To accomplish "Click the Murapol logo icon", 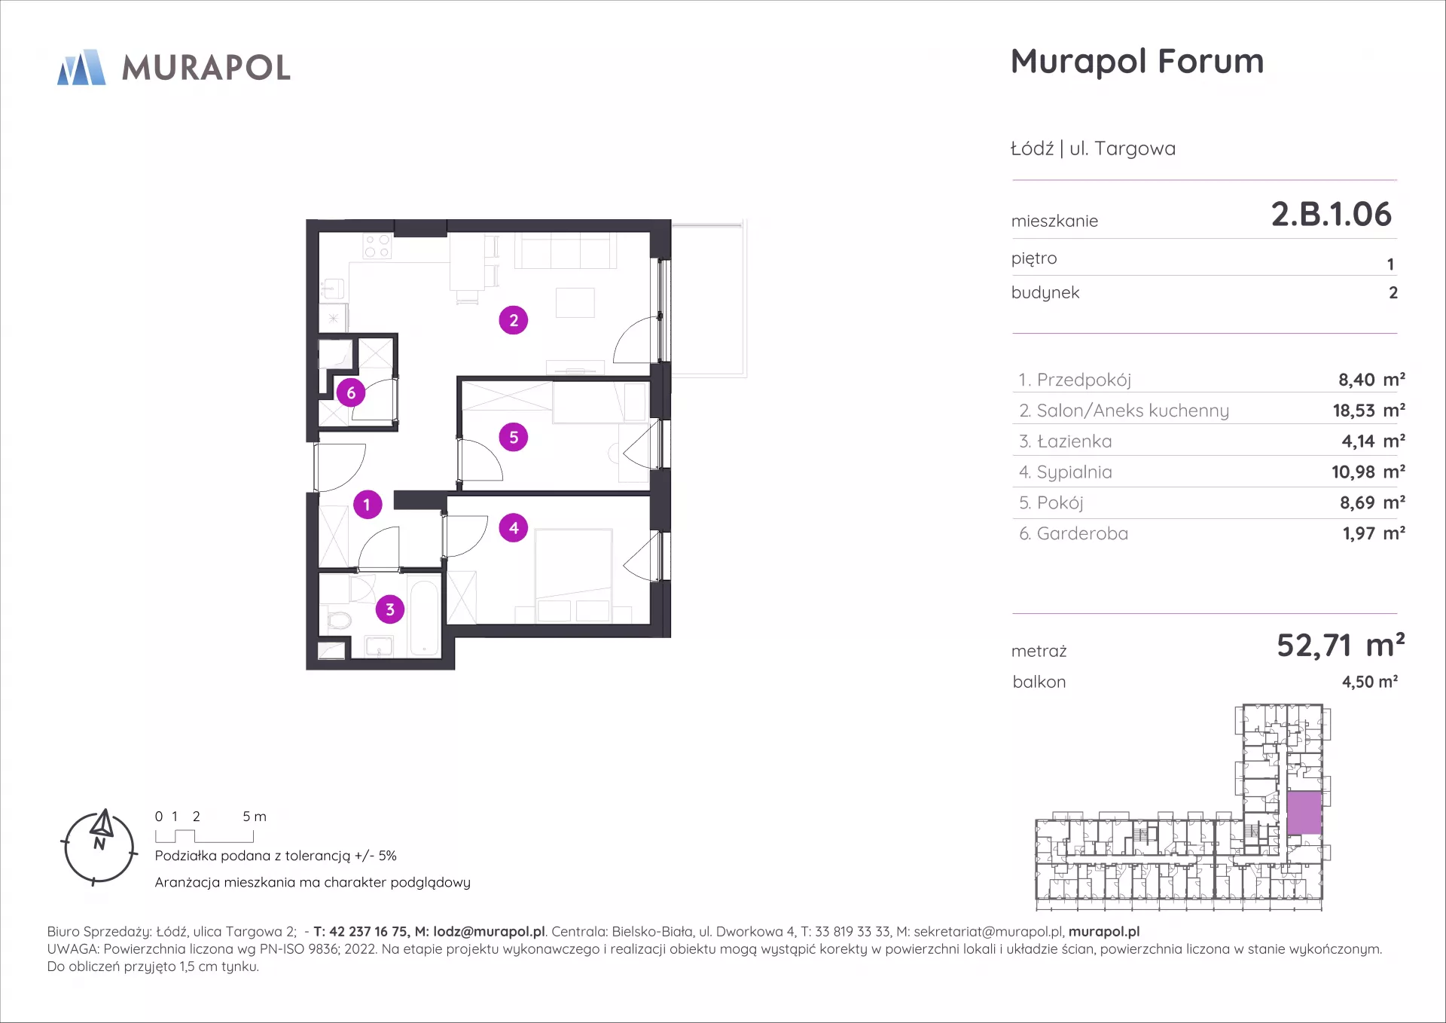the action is pyautogui.click(x=81, y=67).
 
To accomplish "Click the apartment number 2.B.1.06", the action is pyautogui.click(x=1331, y=214).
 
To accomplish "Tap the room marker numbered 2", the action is pyautogui.click(x=514, y=320).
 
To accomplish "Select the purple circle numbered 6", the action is pyautogui.click(x=351, y=392).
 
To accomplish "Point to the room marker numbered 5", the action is pyautogui.click(x=514, y=437).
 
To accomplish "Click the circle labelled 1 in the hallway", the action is pyautogui.click(x=367, y=505).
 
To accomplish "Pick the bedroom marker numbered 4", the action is pyautogui.click(x=514, y=528).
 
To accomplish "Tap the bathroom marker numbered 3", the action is pyautogui.click(x=390, y=609).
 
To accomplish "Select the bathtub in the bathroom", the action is pyautogui.click(x=425, y=617).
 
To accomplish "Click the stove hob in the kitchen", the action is pyautogui.click(x=377, y=246).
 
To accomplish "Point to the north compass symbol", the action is pyautogui.click(x=99, y=847).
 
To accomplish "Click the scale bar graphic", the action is pyautogui.click(x=204, y=836).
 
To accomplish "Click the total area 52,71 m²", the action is pyautogui.click(x=1341, y=646).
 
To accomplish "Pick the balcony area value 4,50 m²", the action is pyautogui.click(x=1370, y=682).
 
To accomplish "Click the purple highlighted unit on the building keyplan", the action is pyautogui.click(x=1304, y=813).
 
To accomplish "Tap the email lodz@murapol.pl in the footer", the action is pyautogui.click(x=489, y=932).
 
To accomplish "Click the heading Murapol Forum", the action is pyautogui.click(x=1137, y=62).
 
